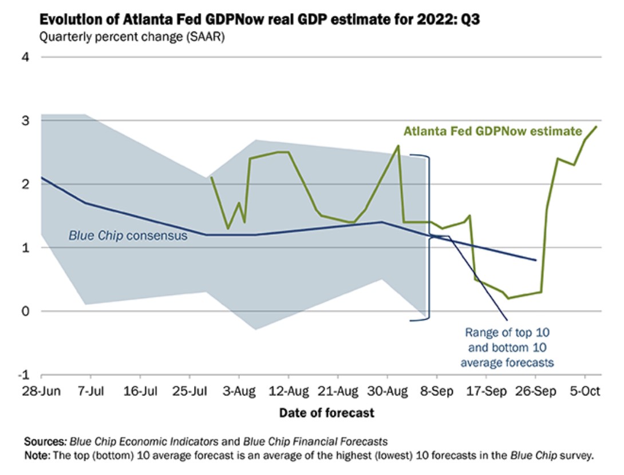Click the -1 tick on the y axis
pos(24,375)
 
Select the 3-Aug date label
pos(239,393)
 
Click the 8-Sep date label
pos(436,393)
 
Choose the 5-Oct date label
pos(584,393)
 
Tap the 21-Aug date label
pos(337,393)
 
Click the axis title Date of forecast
pos(326,413)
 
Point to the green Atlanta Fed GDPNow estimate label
pos(492,131)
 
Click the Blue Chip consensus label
pos(128,235)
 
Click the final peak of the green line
pos(596,127)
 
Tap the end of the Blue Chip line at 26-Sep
pos(536,260)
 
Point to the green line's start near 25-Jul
pos(211,178)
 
